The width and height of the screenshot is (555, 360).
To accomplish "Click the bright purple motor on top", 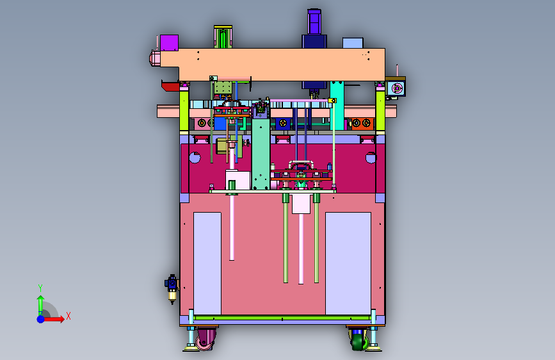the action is coord(314,22).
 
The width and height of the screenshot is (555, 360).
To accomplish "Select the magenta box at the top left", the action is coord(169,43).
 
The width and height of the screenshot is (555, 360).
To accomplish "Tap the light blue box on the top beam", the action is coord(353,43).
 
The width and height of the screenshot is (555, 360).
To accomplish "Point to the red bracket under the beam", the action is coord(171,86).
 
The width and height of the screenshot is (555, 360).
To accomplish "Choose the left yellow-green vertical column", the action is coord(184,109).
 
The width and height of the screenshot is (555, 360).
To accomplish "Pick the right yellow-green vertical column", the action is coord(380,109).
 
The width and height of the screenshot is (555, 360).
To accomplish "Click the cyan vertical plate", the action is coord(337,106).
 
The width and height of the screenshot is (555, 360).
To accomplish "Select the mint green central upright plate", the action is coord(261,152).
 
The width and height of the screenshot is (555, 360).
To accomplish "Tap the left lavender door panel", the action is coord(207,263).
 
